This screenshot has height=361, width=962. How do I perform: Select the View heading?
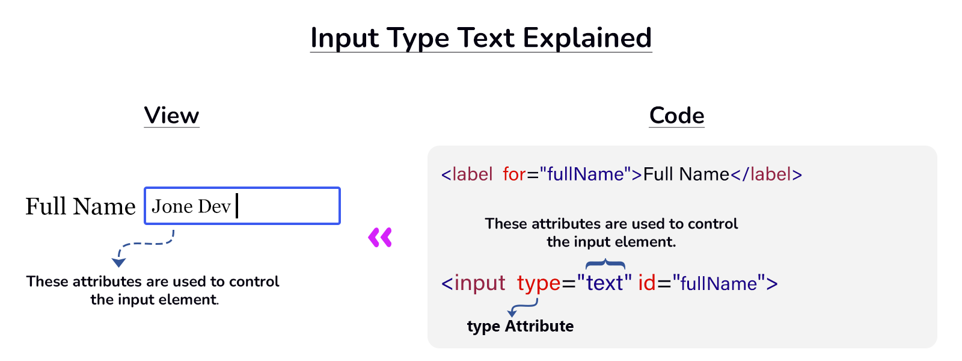point(171,116)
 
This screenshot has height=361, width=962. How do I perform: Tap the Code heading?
point(676,116)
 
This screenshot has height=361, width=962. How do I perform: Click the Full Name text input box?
point(289,206)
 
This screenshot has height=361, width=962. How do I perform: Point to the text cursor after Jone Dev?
point(237,206)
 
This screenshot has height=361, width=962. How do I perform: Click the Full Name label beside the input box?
point(81,206)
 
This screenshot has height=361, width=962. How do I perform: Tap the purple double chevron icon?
point(380,237)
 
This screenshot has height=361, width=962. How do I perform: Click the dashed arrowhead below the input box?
point(118,262)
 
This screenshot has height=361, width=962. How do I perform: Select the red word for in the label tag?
point(514,174)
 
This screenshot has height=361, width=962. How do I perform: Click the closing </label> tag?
point(766,174)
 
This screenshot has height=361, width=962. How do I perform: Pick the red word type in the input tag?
point(538,283)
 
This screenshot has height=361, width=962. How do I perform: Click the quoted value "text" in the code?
point(604,283)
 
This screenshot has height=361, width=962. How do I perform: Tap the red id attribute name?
point(646,283)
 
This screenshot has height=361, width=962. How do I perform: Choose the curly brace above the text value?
point(605,264)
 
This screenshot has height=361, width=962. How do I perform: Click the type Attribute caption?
point(520,326)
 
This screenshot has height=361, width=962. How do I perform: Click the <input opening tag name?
point(474,283)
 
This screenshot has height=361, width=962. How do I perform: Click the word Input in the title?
point(345,38)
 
